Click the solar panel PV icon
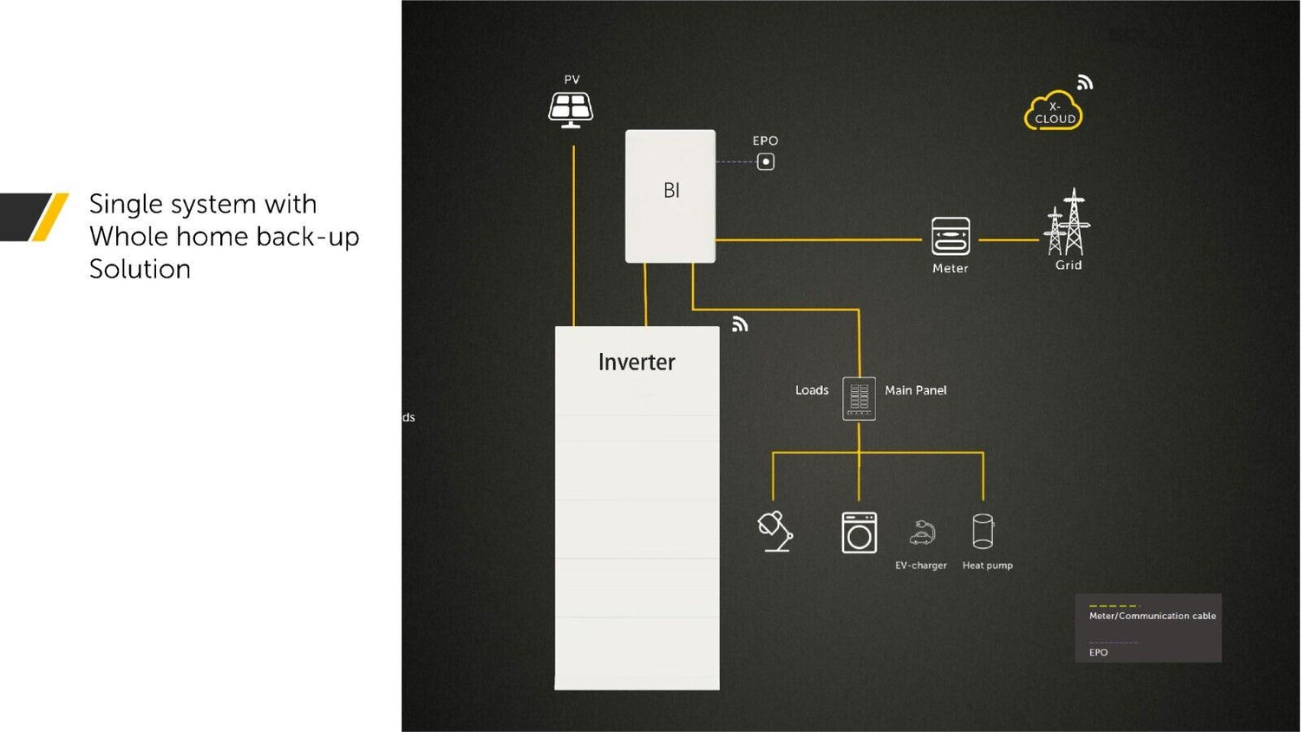pos(571,109)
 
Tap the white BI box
pos(670,196)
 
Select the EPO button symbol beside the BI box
pos(765,162)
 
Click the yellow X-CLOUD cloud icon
pos(1054,112)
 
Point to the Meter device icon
pos(951,236)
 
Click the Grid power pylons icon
pos(1068,223)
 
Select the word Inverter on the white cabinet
pos(637,363)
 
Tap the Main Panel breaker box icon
pos(859,398)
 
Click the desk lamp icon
pos(775,531)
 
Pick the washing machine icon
pos(859,533)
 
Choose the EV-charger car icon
pos(922,533)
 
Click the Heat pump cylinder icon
pos(983,532)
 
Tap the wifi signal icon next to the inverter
pos(740,324)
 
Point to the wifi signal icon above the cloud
pos(1084,82)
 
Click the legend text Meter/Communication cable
pos(1152,616)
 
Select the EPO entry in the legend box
pos(1098,652)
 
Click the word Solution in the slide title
pos(140,269)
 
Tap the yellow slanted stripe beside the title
pos(50,217)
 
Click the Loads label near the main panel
pos(812,390)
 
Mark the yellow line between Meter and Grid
pos(1009,239)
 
